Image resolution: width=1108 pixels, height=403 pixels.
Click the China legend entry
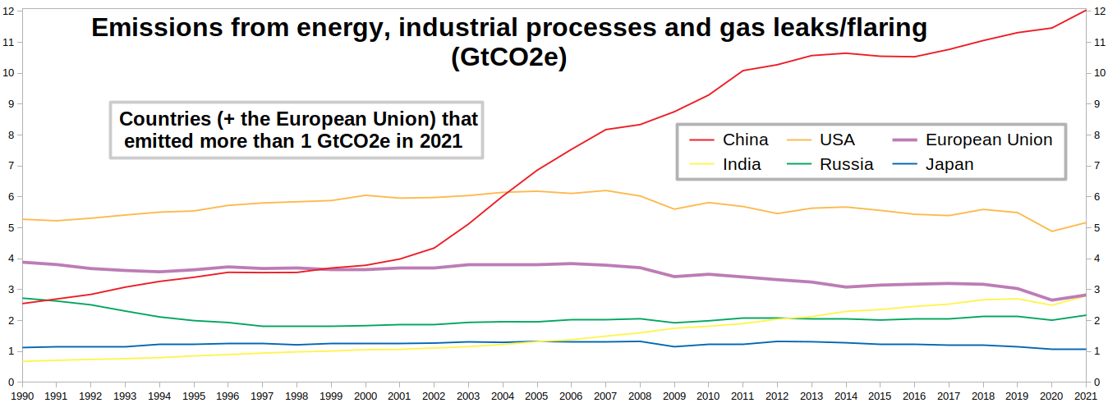[x=745, y=140]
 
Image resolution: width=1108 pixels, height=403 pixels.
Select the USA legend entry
[x=837, y=140]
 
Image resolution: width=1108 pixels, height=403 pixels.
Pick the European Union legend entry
[x=988, y=140]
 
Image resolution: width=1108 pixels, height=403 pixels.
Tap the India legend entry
[x=742, y=164]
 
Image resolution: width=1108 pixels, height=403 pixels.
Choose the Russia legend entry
[x=846, y=164]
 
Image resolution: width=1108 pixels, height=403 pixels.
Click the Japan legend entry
[x=949, y=164]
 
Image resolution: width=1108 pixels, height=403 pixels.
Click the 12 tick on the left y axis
[x=9, y=11]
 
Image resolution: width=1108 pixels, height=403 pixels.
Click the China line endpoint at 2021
[x=1087, y=10]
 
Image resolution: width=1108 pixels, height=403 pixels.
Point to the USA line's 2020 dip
[x=1052, y=231]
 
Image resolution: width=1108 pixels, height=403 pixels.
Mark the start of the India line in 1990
[x=21, y=361]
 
